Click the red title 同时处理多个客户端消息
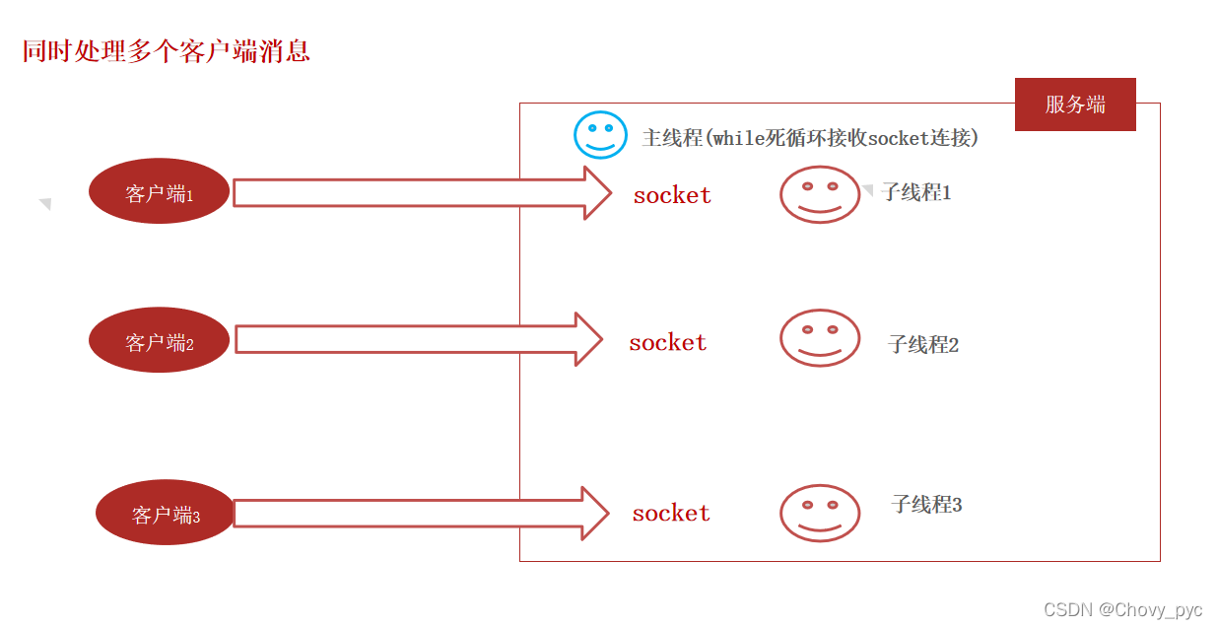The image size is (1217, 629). pos(167,51)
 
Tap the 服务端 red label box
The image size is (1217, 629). pos(1075,105)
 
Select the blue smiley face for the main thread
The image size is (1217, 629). pos(600,135)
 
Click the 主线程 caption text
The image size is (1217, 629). pos(810,138)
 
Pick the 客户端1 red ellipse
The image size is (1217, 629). pos(160,192)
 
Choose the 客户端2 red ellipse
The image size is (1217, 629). pos(160,341)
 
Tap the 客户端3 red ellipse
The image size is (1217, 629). pos(166,514)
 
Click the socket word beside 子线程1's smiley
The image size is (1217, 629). pos(672,195)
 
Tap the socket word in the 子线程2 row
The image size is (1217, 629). pos(668,342)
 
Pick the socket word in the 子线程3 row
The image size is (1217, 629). pos(671,513)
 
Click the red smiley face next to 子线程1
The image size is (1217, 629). pos(820,194)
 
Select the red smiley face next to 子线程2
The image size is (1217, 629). pos(820,338)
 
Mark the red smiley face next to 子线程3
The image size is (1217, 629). pos(820,513)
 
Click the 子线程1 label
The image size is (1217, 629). pos(916,192)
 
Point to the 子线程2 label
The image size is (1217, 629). pos(923,344)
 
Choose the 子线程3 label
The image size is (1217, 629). pos(926,505)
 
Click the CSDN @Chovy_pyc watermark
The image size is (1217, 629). pos(1122,610)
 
